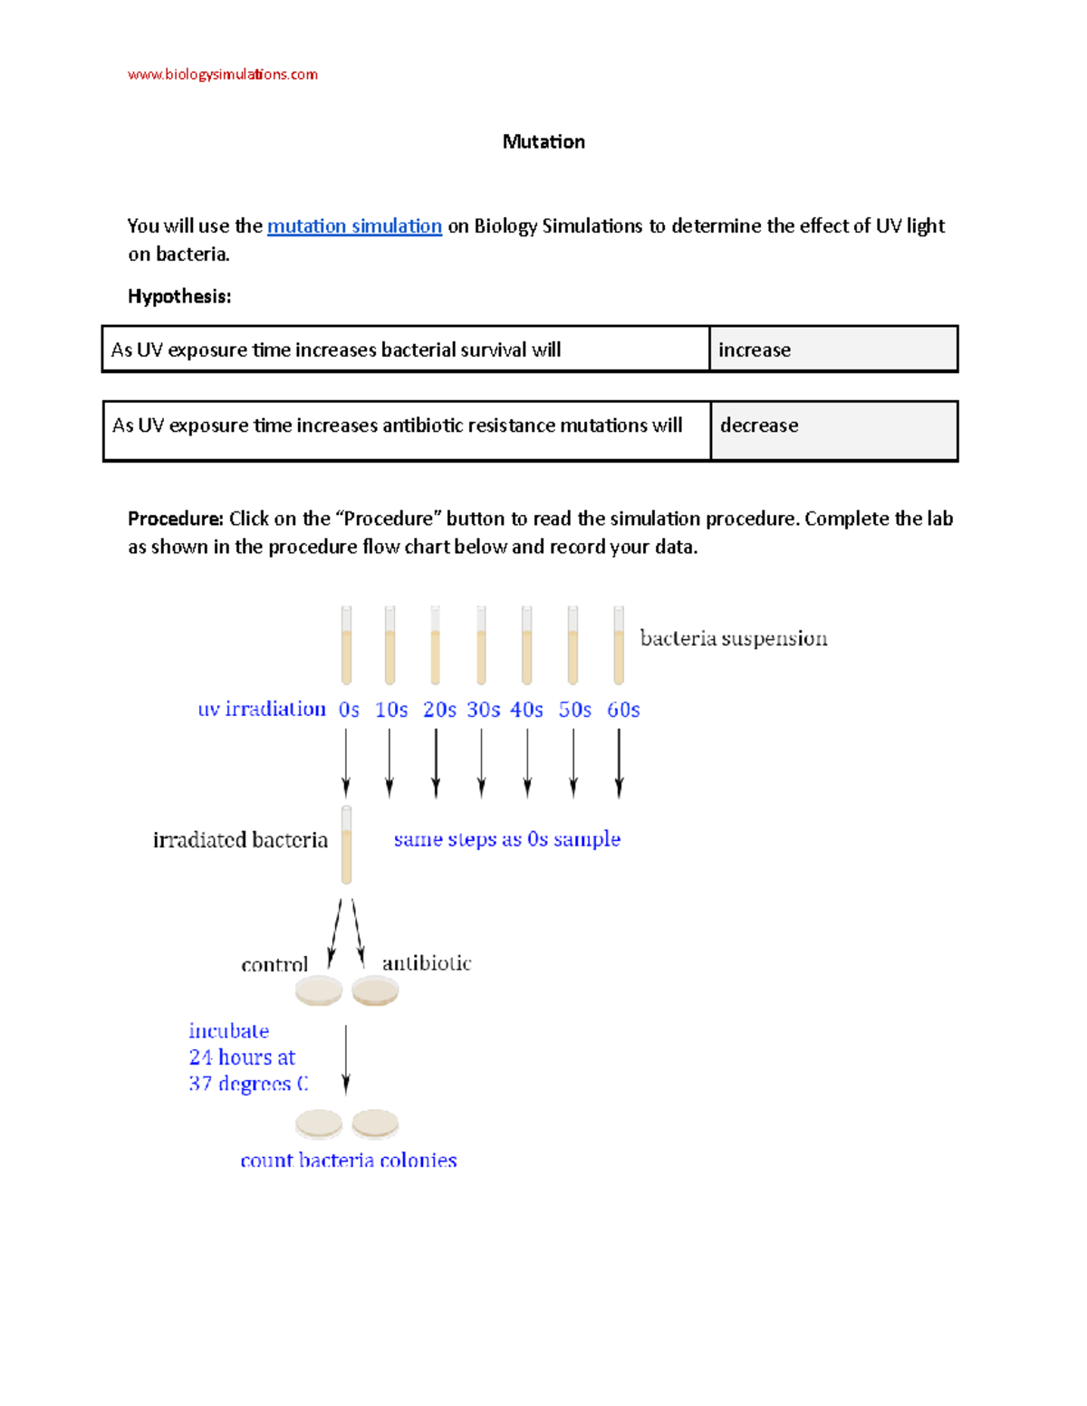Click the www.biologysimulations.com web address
coord(222,74)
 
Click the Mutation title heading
coord(543,141)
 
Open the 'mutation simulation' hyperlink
coord(354,225)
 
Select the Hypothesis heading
coord(179,296)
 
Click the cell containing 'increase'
coord(832,349)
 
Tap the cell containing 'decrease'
coord(833,431)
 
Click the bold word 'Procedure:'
coord(175,519)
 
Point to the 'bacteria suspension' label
coord(733,638)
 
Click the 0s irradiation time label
coord(349,710)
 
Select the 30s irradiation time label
coord(483,710)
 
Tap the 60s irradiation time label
coord(623,710)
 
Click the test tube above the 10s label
coord(390,646)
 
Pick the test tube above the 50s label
coord(572,646)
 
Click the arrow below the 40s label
coord(527,762)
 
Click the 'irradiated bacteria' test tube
coord(346,845)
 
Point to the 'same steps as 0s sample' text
coord(506,839)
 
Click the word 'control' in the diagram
coord(274,965)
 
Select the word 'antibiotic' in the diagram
coord(427,963)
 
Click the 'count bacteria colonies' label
coord(348,1161)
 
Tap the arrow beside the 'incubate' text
coord(346,1059)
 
